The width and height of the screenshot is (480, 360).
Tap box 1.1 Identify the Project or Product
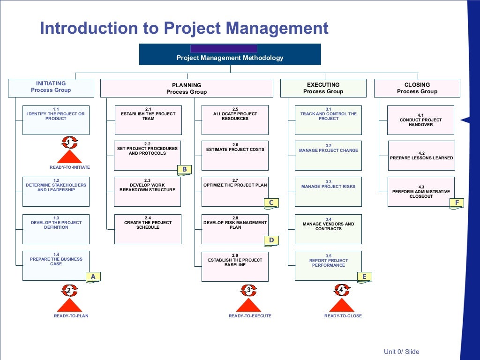[56, 120]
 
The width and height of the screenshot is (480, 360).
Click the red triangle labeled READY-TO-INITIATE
[69, 157]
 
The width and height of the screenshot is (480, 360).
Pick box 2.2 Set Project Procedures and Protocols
[147, 155]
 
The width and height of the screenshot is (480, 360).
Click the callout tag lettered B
[184, 169]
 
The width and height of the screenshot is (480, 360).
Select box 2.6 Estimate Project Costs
[235, 155]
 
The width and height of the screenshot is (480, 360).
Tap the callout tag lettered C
[271, 202]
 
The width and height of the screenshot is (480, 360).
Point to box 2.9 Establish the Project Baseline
[235, 266]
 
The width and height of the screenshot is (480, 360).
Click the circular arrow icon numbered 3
[248, 290]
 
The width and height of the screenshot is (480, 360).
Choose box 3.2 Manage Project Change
[328, 155]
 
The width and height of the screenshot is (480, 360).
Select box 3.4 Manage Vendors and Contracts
[328, 229]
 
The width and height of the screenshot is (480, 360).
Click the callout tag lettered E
[364, 277]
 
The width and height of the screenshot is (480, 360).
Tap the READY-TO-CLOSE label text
[343, 316]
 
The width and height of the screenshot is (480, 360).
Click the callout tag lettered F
[457, 202]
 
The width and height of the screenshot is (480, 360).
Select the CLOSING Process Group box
[417, 88]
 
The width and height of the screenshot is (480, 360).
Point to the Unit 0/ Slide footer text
[401, 352]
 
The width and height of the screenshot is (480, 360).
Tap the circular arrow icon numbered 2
[69, 291]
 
